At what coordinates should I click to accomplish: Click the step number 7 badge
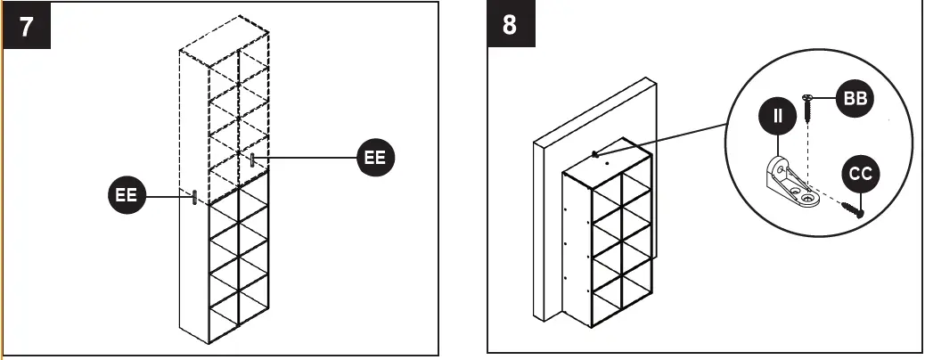[28, 26]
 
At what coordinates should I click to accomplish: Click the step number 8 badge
[510, 25]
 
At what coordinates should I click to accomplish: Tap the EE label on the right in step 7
[375, 158]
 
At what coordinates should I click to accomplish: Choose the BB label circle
[853, 99]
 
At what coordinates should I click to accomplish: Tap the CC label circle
[860, 175]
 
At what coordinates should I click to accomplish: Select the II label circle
[777, 116]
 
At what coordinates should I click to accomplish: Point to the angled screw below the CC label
[852, 209]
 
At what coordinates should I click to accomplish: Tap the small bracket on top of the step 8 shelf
[594, 153]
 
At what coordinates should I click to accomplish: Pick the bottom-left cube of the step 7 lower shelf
[224, 307]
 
